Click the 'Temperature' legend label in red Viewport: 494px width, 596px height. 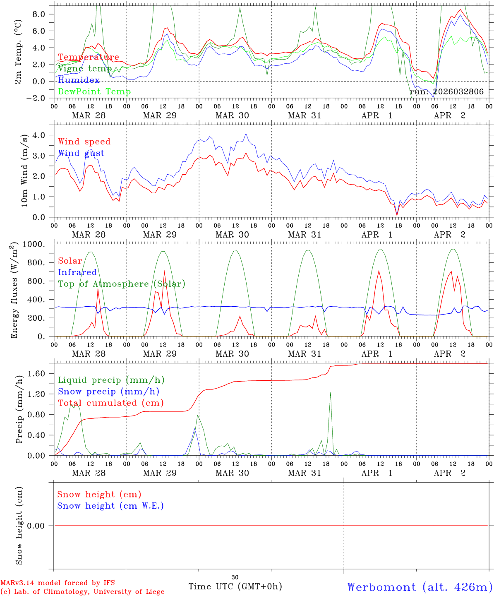point(89,57)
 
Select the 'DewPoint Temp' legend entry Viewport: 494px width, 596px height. point(94,91)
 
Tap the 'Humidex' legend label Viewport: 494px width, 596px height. point(79,80)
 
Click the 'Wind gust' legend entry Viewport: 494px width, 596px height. point(81,153)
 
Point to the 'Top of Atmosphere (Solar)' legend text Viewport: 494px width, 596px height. point(122,284)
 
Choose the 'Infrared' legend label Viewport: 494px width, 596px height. point(77,272)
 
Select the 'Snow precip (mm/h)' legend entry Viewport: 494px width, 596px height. point(108,392)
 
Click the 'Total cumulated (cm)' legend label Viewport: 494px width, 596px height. point(110,403)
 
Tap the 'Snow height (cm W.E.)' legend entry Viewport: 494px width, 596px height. point(110,506)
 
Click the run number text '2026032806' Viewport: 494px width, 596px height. point(458,91)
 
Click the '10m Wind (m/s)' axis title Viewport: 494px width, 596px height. point(25,170)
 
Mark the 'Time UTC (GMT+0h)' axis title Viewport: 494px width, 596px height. point(235,586)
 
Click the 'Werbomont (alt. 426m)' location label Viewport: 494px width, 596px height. point(420,587)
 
